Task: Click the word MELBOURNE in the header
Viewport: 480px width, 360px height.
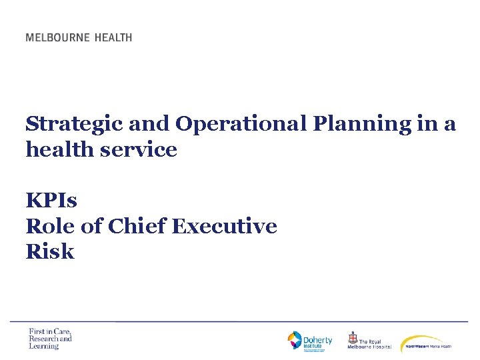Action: coord(57,37)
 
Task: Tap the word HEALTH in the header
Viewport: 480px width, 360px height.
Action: coord(113,37)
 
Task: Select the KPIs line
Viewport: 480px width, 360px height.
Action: coord(52,200)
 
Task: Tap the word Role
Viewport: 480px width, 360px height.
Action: coord(47,227)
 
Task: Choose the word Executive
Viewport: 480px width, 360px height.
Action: coord(224,227)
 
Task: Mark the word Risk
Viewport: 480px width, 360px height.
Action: coord(50,252)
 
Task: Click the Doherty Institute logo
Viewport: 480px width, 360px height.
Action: coord(310,341)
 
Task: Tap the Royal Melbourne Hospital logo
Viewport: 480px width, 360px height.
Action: coord(369,341)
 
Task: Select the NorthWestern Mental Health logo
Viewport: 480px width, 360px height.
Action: coord(427,343)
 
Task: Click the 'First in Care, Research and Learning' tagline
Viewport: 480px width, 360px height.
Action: coord(50,339)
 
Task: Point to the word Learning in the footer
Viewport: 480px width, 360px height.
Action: coord(44,346)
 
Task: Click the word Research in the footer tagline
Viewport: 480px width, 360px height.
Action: coord(42,339)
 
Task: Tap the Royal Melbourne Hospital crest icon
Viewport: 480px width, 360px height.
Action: coord(353,339)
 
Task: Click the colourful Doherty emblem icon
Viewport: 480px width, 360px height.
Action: coord(295,341)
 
